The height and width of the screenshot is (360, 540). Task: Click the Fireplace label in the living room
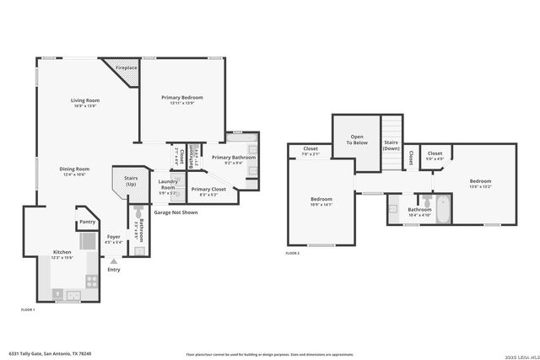[x=127, y=67]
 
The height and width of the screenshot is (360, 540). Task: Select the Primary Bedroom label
[x=182, y=98]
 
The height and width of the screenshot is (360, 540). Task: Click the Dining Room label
[x=75, y=169]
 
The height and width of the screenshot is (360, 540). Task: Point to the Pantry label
[x=88, y=222]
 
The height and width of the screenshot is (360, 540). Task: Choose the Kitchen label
[x=63, y=252]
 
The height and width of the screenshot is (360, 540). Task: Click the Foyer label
[x=113, y=237]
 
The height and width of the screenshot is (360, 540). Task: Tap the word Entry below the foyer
[x=114, y=270]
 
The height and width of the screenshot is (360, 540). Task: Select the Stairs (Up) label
[x=131, y=181]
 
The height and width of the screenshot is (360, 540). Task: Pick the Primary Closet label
[x=208, y=190]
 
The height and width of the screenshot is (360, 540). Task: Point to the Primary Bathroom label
[x=233, y=158]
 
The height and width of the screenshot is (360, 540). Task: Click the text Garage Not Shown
[x=175, y=212]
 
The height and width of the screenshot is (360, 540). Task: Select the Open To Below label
[x=357, y=140]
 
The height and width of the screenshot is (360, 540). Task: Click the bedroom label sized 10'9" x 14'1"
[x=322, y=199]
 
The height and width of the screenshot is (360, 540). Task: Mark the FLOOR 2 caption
[x=292, y=253]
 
